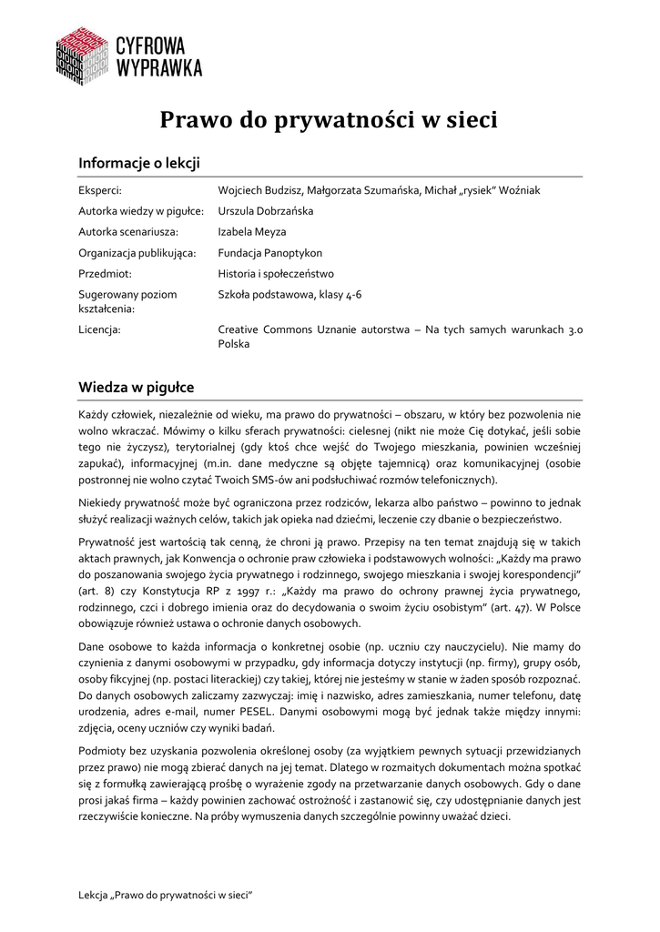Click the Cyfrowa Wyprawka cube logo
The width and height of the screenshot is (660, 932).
point(84,56)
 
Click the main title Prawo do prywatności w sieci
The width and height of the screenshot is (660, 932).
point(330,121)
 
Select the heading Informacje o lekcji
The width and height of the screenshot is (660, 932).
point(138,163)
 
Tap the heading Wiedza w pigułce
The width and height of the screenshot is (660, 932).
point(136,388)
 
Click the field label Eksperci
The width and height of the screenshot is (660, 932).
point(99,190)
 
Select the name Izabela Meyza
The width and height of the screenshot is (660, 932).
point(252,232)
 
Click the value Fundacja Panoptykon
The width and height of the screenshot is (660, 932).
point(270,253)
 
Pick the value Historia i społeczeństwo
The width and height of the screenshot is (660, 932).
point(276,274)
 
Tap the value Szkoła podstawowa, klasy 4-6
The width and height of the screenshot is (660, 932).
point(289,295)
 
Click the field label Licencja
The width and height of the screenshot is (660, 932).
point(99,329)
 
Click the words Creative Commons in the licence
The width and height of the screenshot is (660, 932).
point(263,329)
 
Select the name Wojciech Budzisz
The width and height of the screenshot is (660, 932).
point(259,190)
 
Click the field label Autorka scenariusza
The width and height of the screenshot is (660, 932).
point(128,232)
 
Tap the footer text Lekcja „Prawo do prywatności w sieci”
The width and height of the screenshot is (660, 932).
point(165,896)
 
